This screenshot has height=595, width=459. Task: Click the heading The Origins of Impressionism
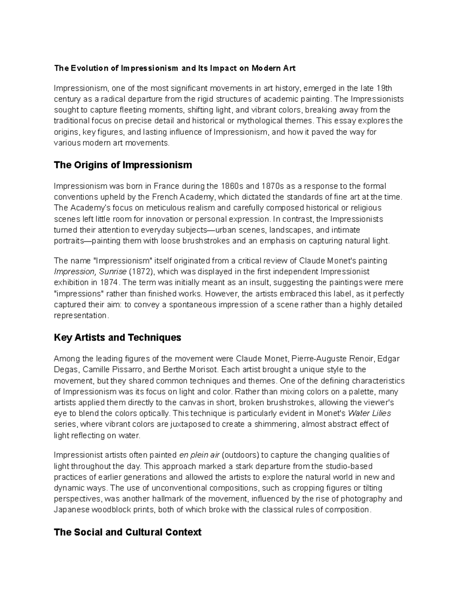pyautogui.click(x=123, y=165)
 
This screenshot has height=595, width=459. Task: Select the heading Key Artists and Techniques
pyautogui.click(x=117, y=338)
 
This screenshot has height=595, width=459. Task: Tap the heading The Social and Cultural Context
pyautogui.click(x=127, y=532)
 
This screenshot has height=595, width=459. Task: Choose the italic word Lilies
pyautogui.click(x=380, y=413)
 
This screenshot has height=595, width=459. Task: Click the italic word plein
pyautogui.click(x=198, y=455)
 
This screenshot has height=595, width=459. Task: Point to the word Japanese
pyautogui.click(x=70, y=510)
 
